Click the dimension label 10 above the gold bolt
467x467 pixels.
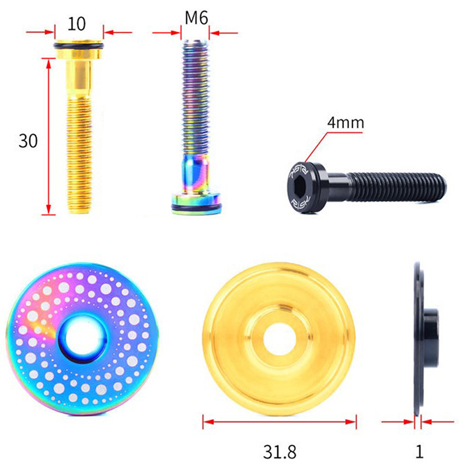[x=76, y=24]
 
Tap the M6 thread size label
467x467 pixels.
[x=196, y=18]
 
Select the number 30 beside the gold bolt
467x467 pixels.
[x=28, y=141]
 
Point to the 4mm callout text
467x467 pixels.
[x=346, y=123]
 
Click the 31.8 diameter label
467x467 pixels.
[x=280, y=451]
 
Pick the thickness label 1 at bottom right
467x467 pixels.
[x=419, y=451]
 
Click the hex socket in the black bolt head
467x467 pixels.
[x=299, y=187]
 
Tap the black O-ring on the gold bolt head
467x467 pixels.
[x=79, y=46]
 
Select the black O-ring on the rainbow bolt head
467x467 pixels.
[x=197, y=207]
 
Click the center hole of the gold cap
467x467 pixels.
[x=280, y=339]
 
